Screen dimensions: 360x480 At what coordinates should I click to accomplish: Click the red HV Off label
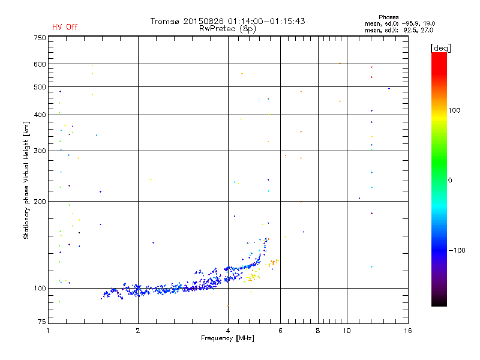65,27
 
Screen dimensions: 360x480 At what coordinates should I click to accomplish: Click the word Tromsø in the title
166,21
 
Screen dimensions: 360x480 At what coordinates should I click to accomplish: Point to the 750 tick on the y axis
40,38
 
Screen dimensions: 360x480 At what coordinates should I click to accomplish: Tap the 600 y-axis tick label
40,64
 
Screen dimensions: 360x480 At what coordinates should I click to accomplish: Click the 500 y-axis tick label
40,86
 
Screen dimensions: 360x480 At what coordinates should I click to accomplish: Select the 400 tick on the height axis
40,115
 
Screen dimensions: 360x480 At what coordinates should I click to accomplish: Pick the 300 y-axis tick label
40,151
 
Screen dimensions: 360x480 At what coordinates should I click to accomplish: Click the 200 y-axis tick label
40,202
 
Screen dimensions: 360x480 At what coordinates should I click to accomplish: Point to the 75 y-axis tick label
41,323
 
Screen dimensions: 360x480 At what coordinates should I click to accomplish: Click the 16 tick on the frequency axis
407,331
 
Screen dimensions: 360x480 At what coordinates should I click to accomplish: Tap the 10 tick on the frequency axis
346,331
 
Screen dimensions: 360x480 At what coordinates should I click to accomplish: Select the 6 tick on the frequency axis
280,331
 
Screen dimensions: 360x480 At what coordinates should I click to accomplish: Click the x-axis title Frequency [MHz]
227,338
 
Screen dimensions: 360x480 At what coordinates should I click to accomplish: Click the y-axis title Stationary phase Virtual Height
26,180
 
